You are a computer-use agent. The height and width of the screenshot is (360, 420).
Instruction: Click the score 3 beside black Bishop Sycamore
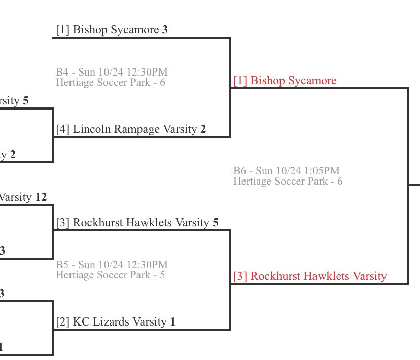click(x=165, y=30)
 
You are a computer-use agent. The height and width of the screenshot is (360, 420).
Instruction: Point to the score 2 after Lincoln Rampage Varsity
click(x=203, y=130)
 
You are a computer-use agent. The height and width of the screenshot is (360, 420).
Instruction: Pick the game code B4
click(x=62, y=72)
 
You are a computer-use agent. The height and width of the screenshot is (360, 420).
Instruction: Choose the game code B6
click(x=239, y=171)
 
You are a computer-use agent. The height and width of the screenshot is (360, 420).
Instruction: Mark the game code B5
click(x=62, y=265)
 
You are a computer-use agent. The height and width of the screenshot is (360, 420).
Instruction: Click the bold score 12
click(x=41, y=197)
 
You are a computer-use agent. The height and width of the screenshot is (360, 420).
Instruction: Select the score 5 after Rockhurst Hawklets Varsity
click(x=216, y=223)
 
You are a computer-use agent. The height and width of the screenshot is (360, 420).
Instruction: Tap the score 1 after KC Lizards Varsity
click(x=173, y=322)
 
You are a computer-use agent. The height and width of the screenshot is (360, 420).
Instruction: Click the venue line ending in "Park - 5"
click(x=110, y=275)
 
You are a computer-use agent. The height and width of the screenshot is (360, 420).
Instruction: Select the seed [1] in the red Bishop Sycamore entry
click(x=240, y=81)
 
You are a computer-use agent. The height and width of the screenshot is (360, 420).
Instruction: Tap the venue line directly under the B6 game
click(x=288, y=181)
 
